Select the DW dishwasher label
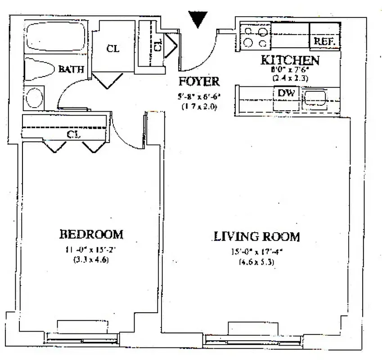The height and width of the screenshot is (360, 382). click(x=286, y=93)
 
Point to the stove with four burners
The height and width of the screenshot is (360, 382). click(x=255, y=36)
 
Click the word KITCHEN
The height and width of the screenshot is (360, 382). click(x=291, y=60)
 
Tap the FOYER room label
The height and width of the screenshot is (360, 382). click(x=198, y=82)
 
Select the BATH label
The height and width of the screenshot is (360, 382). click(x=71, y=69)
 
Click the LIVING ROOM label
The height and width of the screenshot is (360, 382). click(x=257, y=236)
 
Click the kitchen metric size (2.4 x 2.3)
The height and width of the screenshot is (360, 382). click(x=290, y=77)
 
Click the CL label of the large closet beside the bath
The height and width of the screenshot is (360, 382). click(x=113, y=49)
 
